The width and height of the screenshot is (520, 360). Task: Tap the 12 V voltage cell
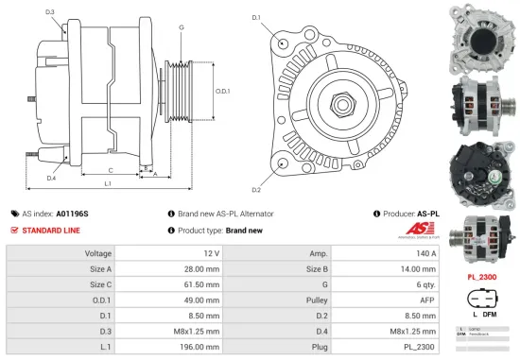(210, 253)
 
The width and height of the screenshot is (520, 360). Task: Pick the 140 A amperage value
(425, 253)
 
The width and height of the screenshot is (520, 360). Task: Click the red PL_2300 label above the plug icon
(483, 277)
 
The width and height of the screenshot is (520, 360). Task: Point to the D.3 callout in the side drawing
(49, 11)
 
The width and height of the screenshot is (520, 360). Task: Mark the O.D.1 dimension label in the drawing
(222, 91)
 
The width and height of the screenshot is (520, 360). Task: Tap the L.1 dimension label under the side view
(108, 182)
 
